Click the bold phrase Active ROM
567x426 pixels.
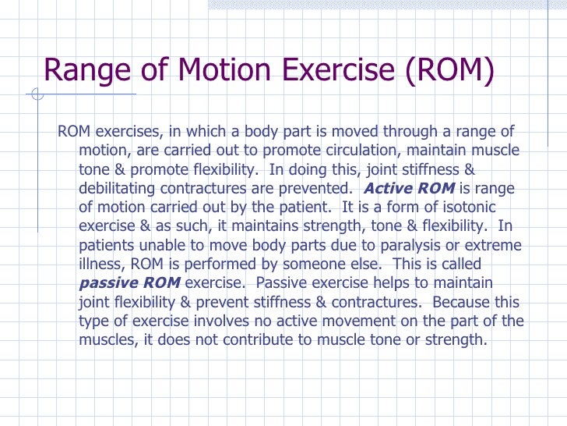pos(410,188)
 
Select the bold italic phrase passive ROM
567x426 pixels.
pos(130,282)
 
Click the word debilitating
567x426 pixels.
pos(121,188)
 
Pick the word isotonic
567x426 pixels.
pos(467,207)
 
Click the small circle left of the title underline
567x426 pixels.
pos(37,96)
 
